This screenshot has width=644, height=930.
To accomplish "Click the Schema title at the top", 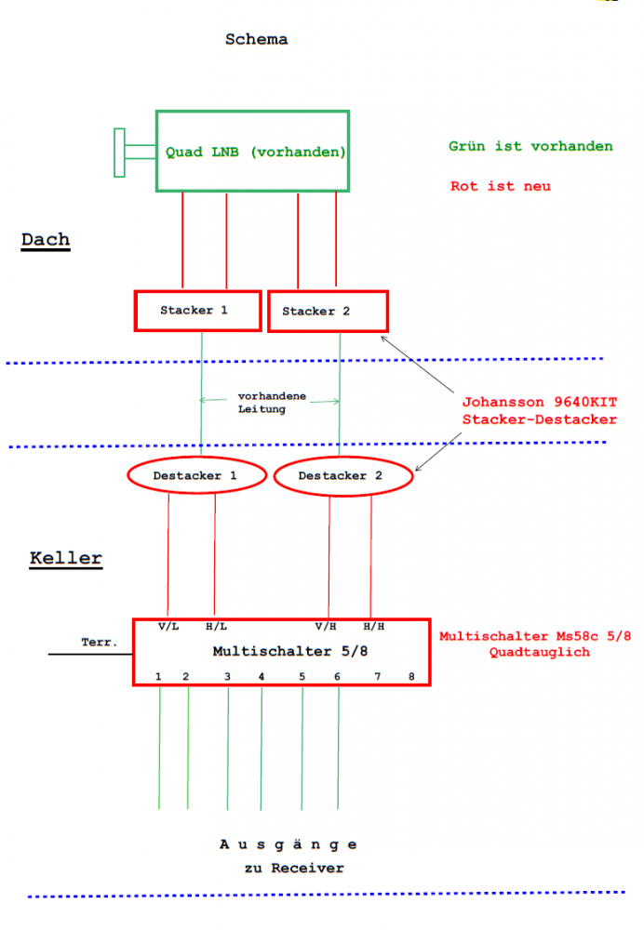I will [256, 40].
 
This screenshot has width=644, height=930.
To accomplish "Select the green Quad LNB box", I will [252, 152].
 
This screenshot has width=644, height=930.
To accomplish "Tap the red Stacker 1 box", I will [197, 311].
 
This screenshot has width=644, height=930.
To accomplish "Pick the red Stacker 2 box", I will [328, 311].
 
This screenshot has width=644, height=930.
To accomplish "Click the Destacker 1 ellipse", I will [195, 476].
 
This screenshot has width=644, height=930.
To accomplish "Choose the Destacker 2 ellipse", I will [342, 476].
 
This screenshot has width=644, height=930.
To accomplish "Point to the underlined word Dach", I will [46, 240].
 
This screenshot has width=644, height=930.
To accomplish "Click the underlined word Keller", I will [66, 559].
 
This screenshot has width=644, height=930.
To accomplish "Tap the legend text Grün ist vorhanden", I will [530, 147].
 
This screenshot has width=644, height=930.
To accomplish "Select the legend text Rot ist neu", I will [501, 186].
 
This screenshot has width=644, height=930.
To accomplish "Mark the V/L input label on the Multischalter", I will [168, 627].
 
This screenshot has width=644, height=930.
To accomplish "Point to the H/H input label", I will [374, 627].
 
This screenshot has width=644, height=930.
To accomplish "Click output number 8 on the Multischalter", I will [410, 676].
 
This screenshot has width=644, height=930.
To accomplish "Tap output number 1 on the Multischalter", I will [159, 676].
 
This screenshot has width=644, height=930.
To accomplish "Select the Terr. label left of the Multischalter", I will [99, 643].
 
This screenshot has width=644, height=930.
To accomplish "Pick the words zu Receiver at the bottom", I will [295, 869].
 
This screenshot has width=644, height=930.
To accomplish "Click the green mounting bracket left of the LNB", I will [120, 153].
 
